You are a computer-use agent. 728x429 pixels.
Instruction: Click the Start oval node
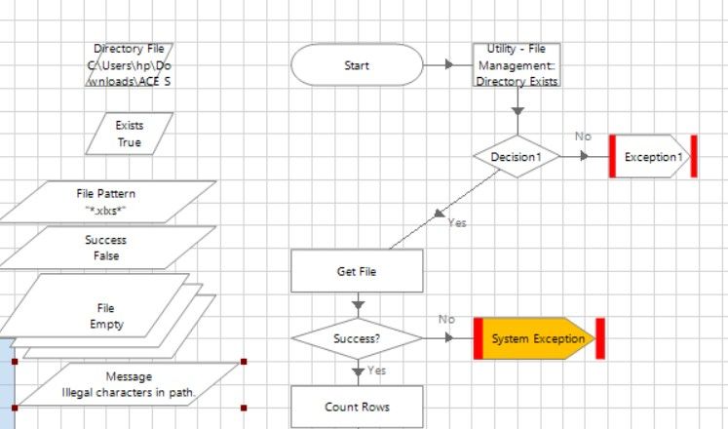click(x=357, y=65)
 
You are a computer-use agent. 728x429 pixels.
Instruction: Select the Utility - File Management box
click(x=517, y=65)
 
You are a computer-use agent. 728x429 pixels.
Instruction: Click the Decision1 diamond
click(x=517, y=156)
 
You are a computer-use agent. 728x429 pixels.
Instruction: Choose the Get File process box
click(x=357, y=271)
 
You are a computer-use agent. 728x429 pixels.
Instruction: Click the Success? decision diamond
click(x=357, y=338)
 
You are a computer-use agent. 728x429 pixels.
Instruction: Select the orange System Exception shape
click(x=538, y=338)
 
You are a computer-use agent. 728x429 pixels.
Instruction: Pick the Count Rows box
click(x=357, y=407)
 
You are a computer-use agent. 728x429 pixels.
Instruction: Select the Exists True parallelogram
click(x=129, y=134)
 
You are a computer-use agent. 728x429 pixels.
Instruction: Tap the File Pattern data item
click(x=107, y=201)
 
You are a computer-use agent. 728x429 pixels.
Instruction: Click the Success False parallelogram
click(x=106, y=248)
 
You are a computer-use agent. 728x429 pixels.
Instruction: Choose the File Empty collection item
click(x=107, y=315)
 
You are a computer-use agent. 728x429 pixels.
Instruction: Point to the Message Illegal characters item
click(x=129, y=384)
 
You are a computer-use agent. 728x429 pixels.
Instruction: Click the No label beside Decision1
click(x=583, y=136)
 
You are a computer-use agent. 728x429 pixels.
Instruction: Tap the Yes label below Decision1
click(x=457, y=222)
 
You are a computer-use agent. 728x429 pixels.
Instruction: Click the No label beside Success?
click(x=446, y=319)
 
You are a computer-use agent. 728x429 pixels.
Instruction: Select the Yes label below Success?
click(x=376, y=370)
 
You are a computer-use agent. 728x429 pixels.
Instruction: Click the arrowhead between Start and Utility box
click(x=448, y=65)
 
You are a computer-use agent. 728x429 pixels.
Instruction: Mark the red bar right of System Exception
click(x=600, y=338)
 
